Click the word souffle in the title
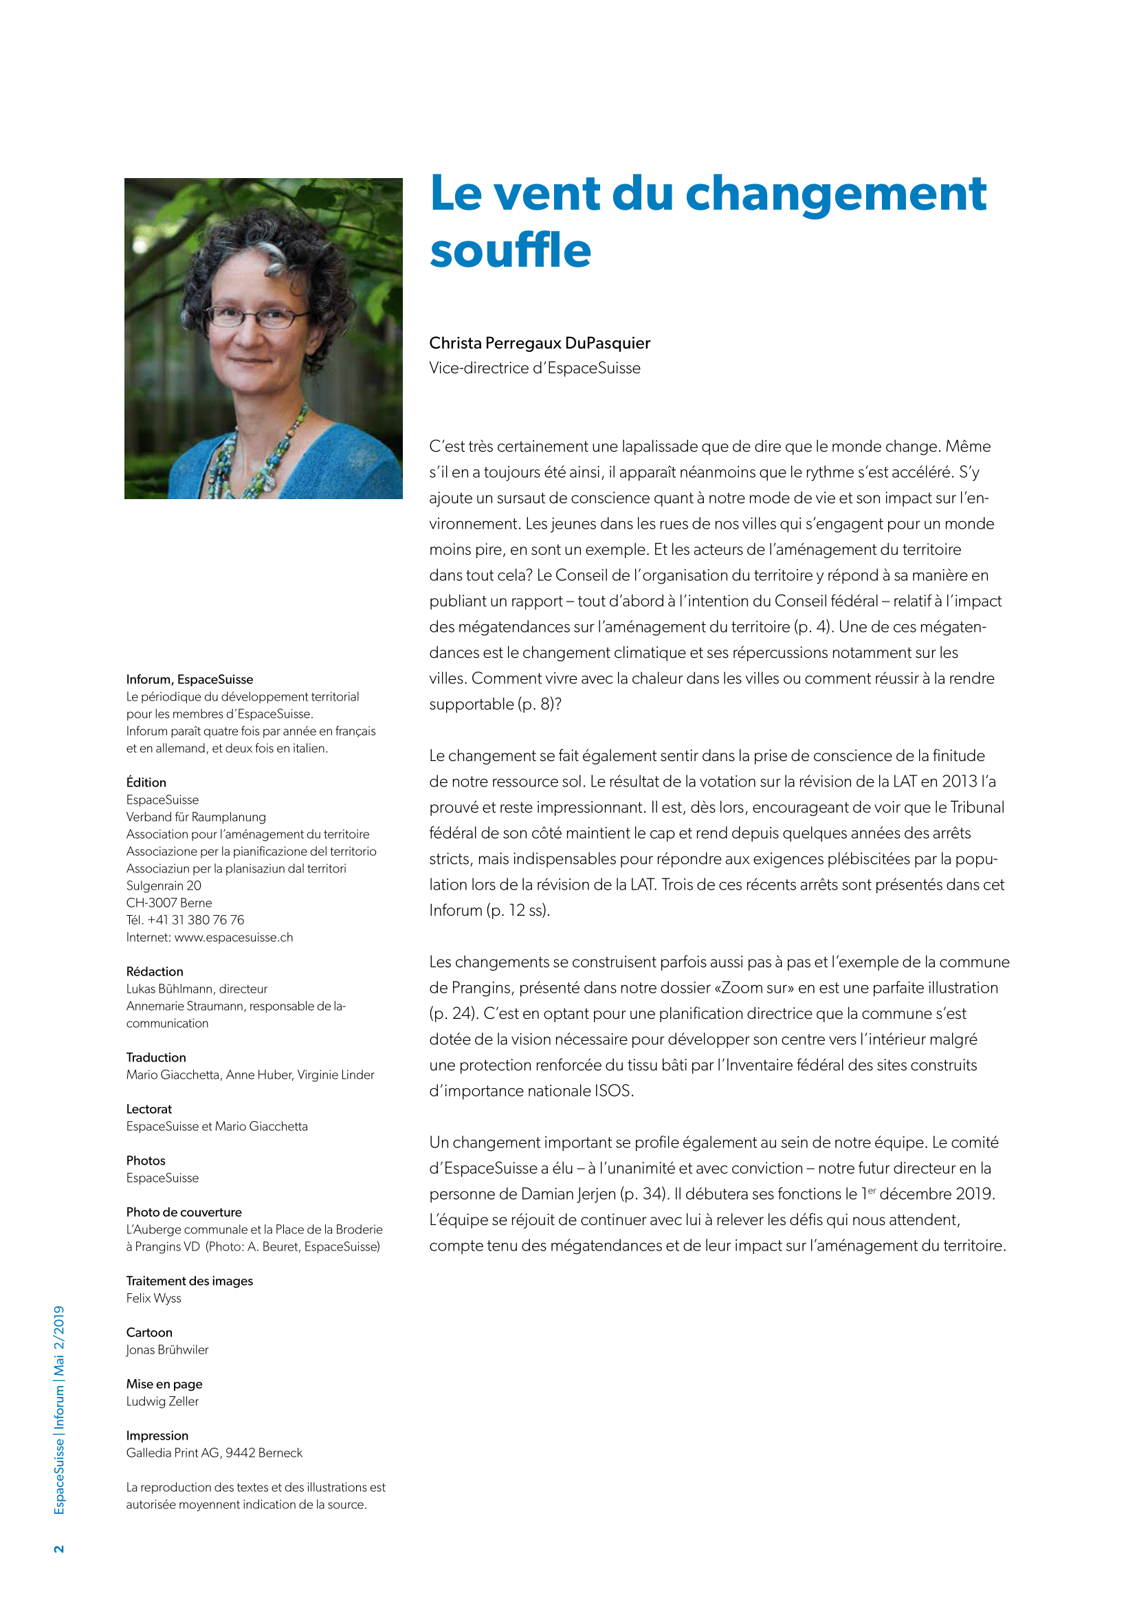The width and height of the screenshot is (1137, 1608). pyautogui.click(x=510, y=252)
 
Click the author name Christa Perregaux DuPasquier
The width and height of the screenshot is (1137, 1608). pyautogui.click(x=539, y=343)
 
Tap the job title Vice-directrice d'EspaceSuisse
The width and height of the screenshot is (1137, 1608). pyautogui.click(x=534, y=368)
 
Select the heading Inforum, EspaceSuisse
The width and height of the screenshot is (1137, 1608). pyautogui.click(x=189, y=679)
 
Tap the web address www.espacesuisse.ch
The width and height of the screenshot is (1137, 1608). pyautogui.click(x=233, y=938)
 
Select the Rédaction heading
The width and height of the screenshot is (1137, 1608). pyautogui.click(x=154, y=972)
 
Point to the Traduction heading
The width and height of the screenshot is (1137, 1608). pyautogui.click(x=155, y=1057)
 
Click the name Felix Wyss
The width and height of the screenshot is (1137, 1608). pyautogui.click(x=153, y=1299)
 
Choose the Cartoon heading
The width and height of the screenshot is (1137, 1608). pyautogui.click(x=148, y=1333)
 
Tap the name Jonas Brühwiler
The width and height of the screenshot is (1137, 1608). pyautogui.click(x=166, y=1350)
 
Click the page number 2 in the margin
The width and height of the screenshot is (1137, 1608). pyautogui.click(x=59, y=1548)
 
